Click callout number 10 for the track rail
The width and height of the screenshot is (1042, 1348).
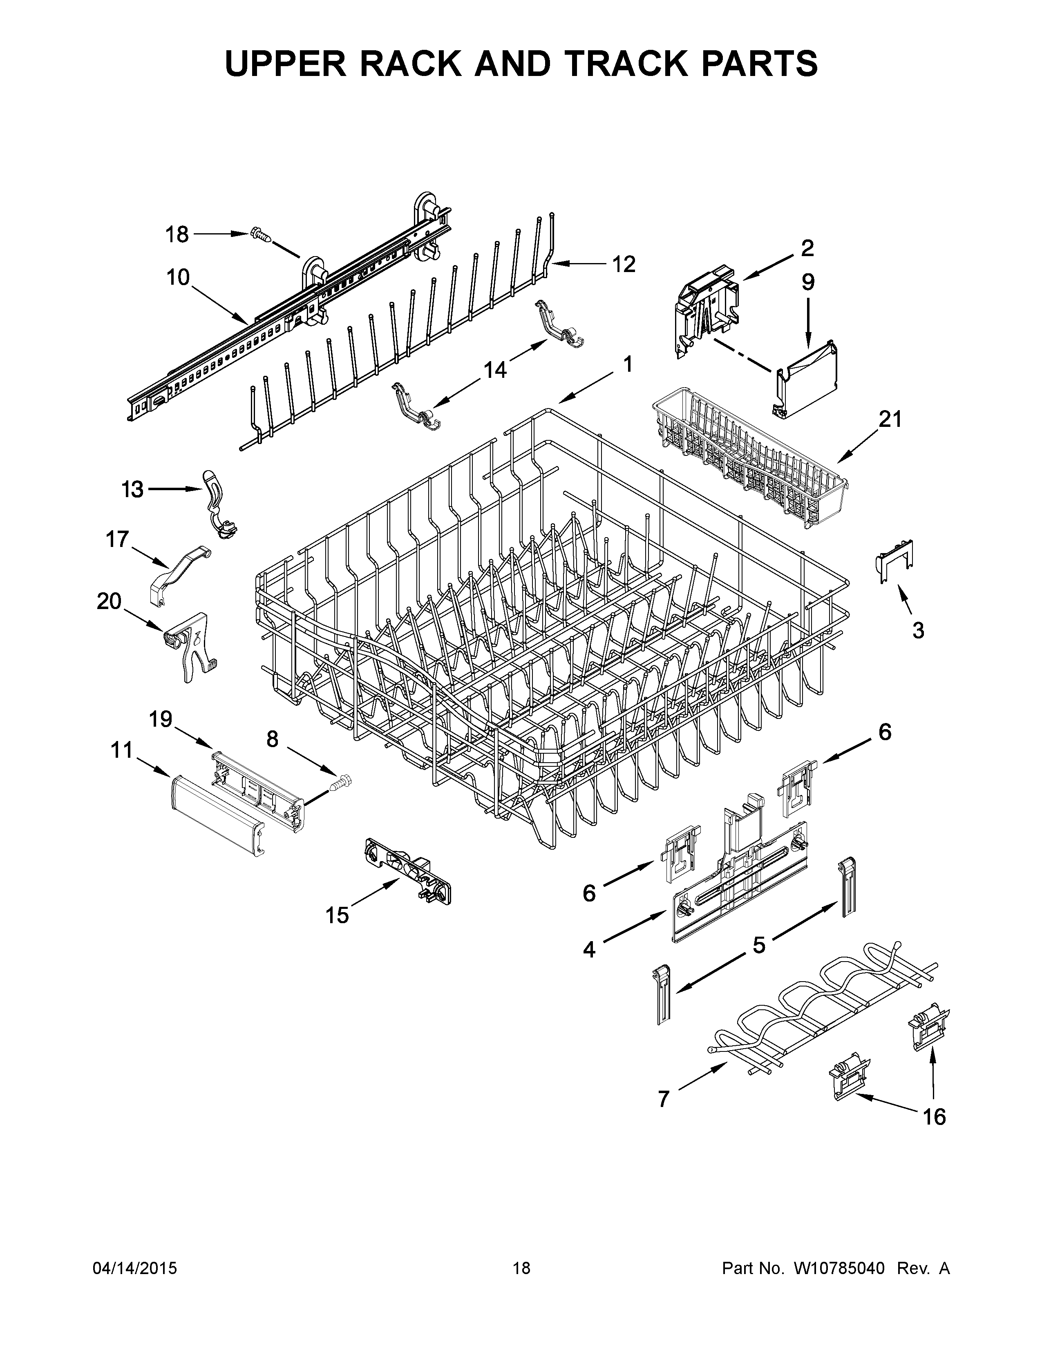point(178,278)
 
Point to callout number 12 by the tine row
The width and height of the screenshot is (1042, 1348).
point(624,264)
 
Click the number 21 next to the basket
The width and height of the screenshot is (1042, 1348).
point(890,420)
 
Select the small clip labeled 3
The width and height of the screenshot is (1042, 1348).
point(894,560)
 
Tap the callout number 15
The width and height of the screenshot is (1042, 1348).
point(337,915)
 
